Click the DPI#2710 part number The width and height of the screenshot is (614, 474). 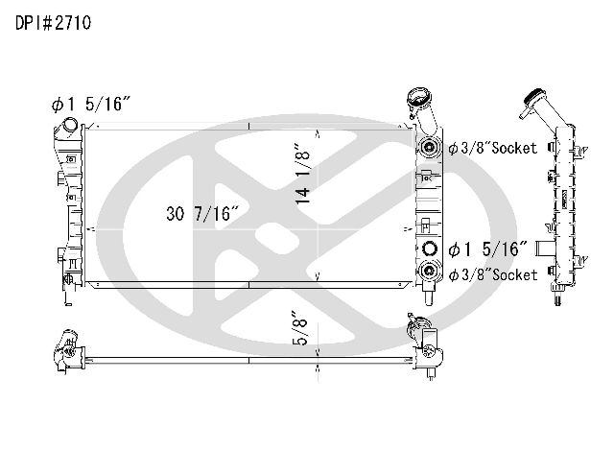54,23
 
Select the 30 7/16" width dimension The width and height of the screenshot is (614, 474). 202,214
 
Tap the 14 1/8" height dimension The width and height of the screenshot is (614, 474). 303,173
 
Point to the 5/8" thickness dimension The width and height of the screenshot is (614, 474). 300,328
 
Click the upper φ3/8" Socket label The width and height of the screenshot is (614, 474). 492,148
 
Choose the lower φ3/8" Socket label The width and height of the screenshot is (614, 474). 492,275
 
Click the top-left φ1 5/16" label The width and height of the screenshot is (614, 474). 90,105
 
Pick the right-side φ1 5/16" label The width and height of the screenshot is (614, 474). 488,249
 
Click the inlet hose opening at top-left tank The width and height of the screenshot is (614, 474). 70,125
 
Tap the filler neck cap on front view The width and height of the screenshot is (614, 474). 417,97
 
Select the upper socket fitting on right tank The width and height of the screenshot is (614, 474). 429,147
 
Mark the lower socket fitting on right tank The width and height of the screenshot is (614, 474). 429,270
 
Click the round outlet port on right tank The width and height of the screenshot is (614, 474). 429,249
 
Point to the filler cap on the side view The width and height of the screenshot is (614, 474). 533,96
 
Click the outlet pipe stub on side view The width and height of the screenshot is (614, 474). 545,249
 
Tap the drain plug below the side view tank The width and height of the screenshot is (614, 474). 557,296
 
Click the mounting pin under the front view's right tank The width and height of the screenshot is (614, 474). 429,296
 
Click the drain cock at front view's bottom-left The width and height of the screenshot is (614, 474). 68,279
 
